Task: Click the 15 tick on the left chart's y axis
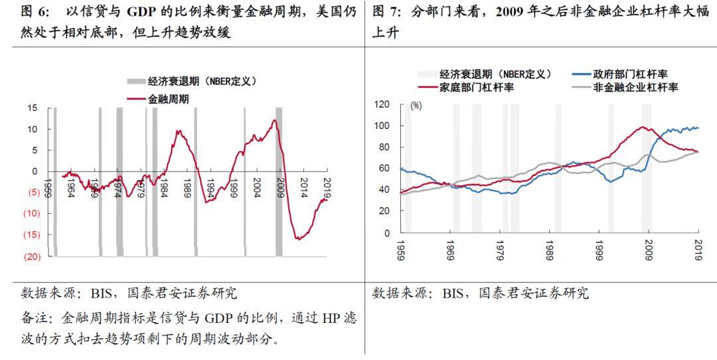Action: (x=33, y=108)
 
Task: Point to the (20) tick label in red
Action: (x=31, y=256)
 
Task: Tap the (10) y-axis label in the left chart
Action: (x=31, y=213)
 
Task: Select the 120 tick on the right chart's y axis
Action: (x=381, y=104)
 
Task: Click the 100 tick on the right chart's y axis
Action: (x=381, y=126)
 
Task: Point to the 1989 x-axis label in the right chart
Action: (x=549, y=247)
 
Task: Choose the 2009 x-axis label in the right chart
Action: (x=649, y=247)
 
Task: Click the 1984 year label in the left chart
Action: (x=163, y=185)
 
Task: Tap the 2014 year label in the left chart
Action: (x=303, y=185)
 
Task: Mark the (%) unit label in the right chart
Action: (x=416, y=105)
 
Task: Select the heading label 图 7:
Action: (x=388, y=11)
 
